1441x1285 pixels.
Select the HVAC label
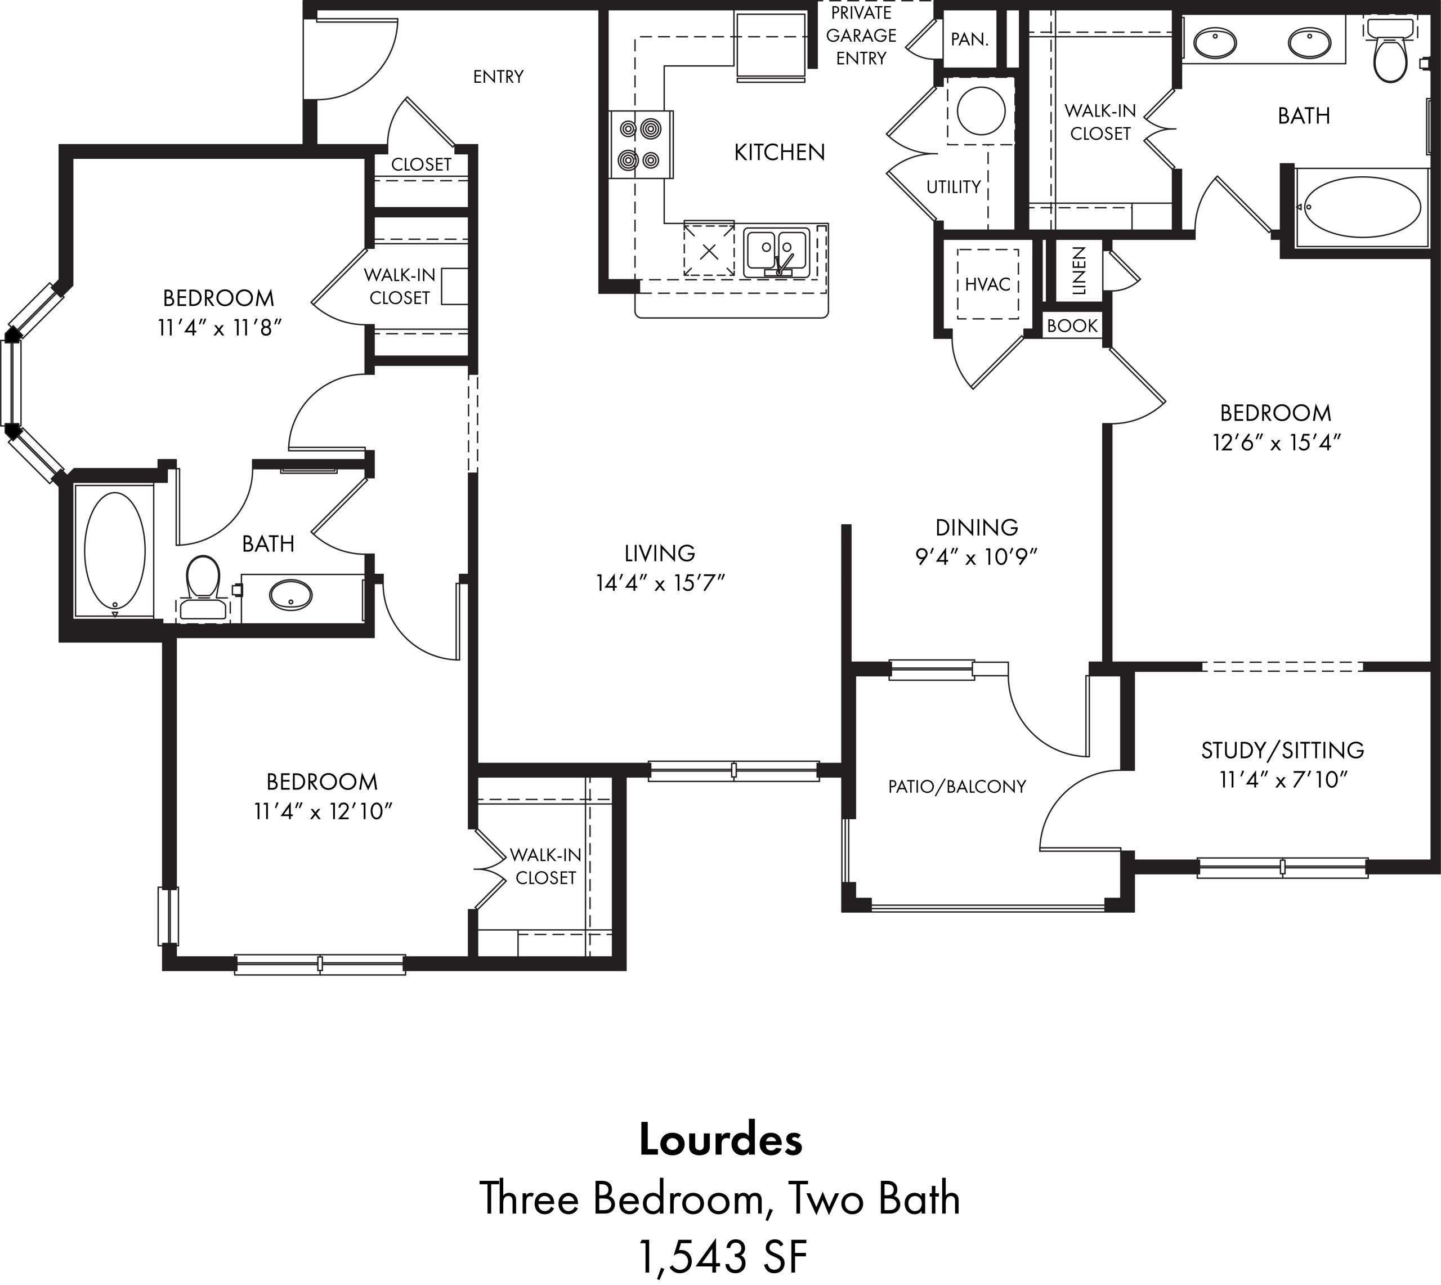988,284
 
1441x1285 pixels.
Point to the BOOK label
1072,325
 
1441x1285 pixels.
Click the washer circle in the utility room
981,111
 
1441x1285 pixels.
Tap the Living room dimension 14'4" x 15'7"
660,583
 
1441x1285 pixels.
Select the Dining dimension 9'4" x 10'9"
977,557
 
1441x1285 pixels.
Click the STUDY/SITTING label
1282,750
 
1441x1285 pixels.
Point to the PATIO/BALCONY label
957,787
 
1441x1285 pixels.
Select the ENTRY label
498,76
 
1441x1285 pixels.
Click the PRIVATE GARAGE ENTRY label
861,35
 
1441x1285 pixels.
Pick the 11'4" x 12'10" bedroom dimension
323,812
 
